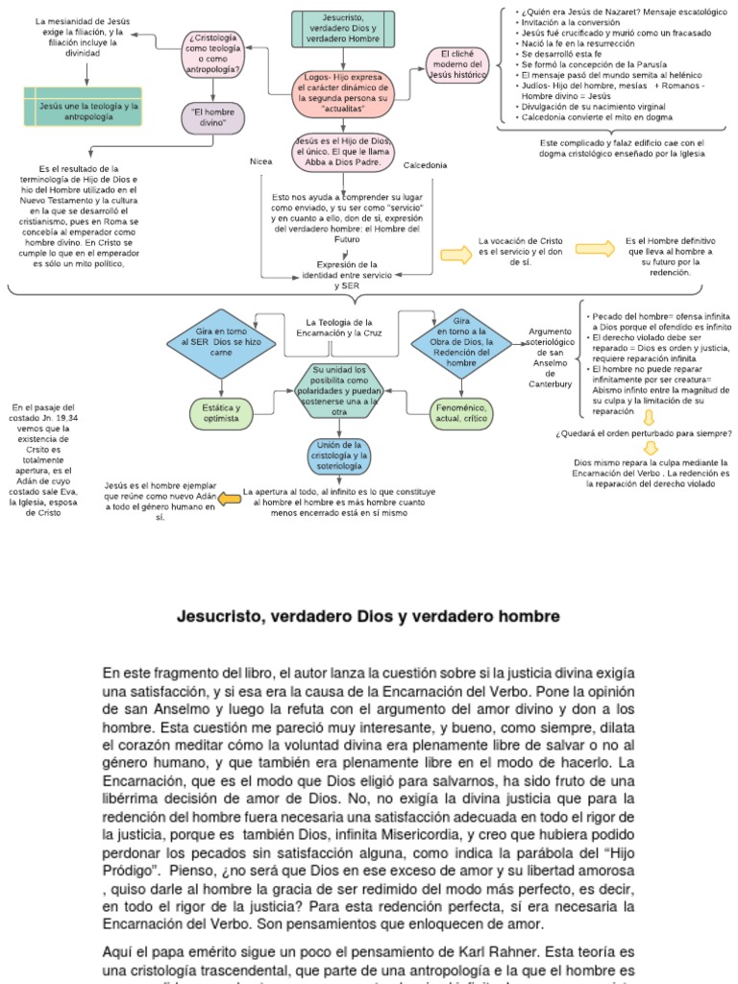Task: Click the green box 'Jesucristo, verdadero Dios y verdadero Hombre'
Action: point(342,30)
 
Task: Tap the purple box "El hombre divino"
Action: point(212,118)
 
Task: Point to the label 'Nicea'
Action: point(261,161)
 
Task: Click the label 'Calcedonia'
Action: point(425,165)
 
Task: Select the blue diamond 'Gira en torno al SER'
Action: point(222,341)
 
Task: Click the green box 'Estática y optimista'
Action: point(222,413)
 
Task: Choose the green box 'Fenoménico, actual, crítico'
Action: point(461,413)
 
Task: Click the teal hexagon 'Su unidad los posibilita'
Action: point(339,390)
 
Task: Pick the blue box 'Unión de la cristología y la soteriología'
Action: point(339,455)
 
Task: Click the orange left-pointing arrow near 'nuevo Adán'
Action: point(228,499)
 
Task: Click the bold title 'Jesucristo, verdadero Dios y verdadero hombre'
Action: point(368,615)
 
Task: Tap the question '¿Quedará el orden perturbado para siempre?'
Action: point(644,433)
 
